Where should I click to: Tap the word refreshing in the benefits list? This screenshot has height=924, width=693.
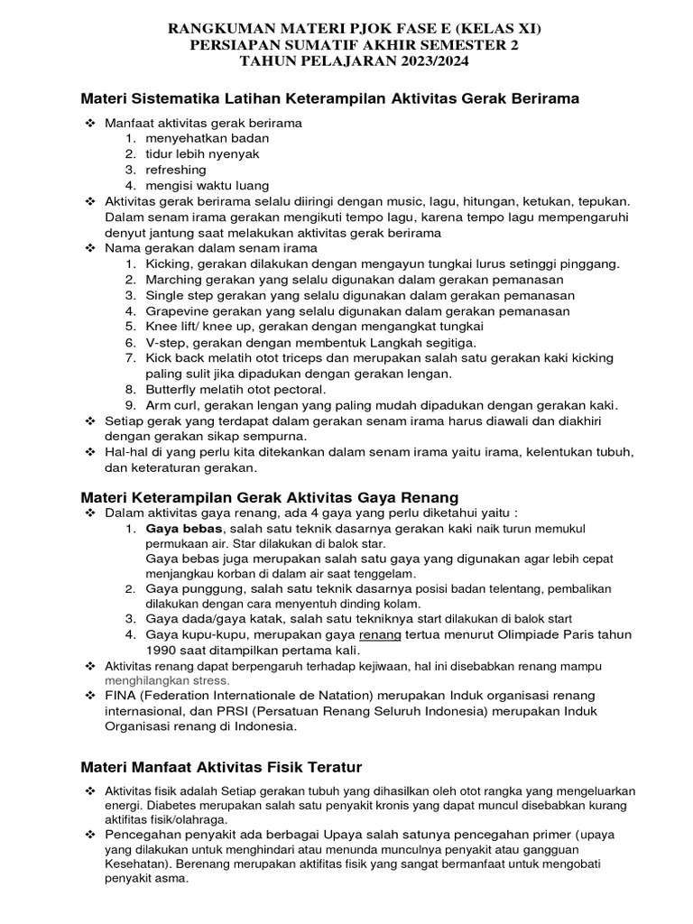point(176,170)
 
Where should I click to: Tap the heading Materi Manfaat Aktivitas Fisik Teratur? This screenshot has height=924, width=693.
point(221,767)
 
